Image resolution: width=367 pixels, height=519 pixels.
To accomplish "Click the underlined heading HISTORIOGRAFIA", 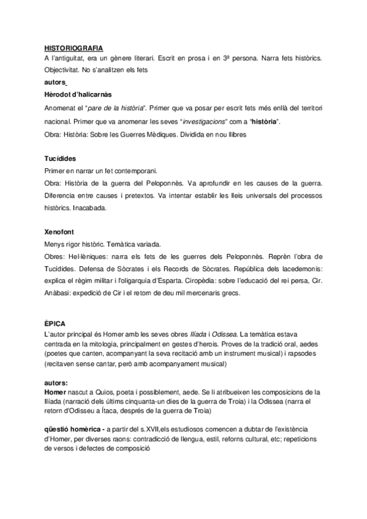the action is (x=74, y=48).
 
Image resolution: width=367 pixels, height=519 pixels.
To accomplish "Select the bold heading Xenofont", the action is (x=59, y=233).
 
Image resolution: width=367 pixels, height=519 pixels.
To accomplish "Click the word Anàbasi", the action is (x=59, y=293).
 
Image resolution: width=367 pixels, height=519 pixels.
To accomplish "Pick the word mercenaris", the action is (x=205, y=293).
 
